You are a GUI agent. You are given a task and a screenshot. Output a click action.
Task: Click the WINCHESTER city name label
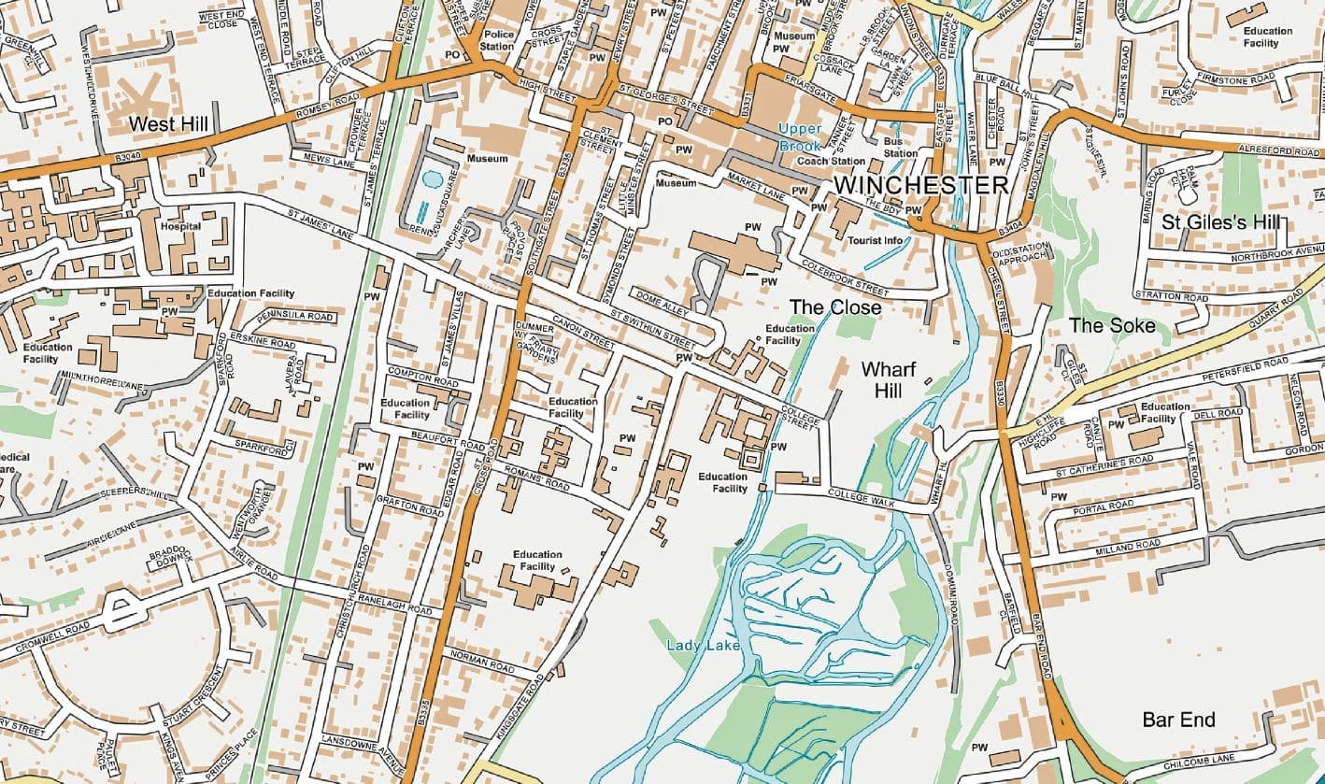[x=920, y=184]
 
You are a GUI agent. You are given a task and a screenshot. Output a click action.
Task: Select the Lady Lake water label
[x=704, y=645]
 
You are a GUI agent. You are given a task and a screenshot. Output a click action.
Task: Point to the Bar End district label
[x=1178, y=720]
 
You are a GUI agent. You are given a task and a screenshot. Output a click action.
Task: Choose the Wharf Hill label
[x=881, y=379]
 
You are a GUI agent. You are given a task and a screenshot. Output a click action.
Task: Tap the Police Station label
[x=497, y=40]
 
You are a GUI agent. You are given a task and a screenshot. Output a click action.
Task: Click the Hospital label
[x=180, y=226]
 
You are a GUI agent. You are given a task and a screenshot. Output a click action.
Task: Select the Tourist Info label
[x=874, y=240]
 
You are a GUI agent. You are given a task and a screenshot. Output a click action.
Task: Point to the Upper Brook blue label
[x=801, y=136]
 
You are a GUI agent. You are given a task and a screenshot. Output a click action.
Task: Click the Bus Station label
[x=900, y=147]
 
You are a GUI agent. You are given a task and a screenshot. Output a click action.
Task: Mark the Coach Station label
[x=823, y=161]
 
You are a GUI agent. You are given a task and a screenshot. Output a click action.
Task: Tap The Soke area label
[x=1112, y=325]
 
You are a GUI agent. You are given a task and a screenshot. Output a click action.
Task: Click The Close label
[x=835, y=306]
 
